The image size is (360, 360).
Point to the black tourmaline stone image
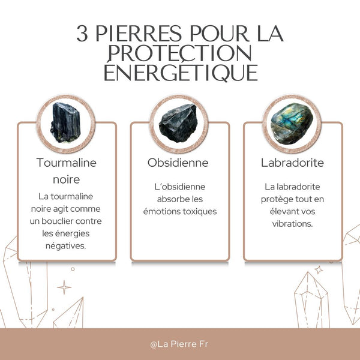tap(66, 122)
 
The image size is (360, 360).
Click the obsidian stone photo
tap(178, 122)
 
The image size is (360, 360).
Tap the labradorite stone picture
tap(292, 122)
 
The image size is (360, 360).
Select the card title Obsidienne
tap(178, 163)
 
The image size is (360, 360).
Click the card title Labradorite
tap(292, 163)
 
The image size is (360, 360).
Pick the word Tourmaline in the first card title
tap(66, 163)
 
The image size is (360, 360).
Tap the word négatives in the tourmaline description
tap(66, 245)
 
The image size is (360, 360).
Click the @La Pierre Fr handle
tap(180, 344)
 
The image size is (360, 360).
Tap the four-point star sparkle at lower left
tap(64, 287)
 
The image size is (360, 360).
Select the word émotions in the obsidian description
tap(161, 212)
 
